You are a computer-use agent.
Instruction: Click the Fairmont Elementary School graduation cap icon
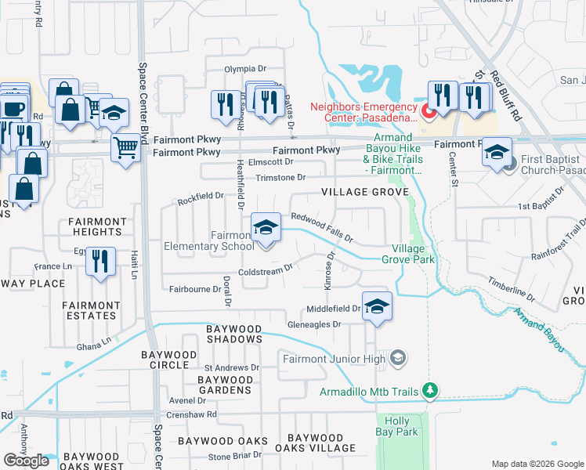pyautogui.click(x=266, y=229)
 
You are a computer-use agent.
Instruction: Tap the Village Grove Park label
pyautogui.click(x=407, y=254)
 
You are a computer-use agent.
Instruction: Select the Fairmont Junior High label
pyautogui.click(x=335, y=359)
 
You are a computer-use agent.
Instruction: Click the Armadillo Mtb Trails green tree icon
pyautogui.click(x=429, y=389)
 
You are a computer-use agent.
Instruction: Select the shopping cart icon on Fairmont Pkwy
pyautogui.click(x=125, y=146)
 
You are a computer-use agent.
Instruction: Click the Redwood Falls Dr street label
pyautogui.click(x=322, y=227)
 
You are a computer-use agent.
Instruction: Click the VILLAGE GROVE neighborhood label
pyautogui.click(x=364, y=192)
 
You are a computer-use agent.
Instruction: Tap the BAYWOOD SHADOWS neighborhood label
pyautogui.click(x=233, y=334)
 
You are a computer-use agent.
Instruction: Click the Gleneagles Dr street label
pyautogui.click(x=315, y=324)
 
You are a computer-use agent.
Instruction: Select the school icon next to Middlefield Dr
pyautogui.click(x=377, y=307)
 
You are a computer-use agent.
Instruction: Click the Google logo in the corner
pyautogui.click(x=26, y=461)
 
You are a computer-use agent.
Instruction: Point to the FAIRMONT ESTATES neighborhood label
pyautogui.click(x=91, y=311)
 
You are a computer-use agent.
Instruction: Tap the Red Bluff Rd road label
pyautogui.click(x=505, y=94)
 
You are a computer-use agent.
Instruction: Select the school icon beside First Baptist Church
pyautogui.click(x=497, y=153)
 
